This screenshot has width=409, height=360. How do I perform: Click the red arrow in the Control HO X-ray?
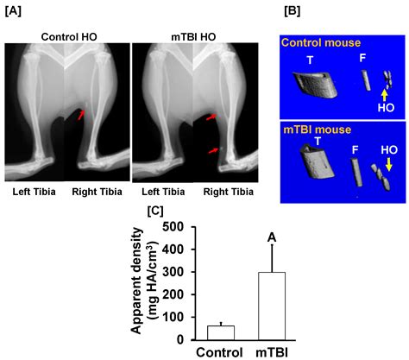pyautogui.click(x=79, y=113)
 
